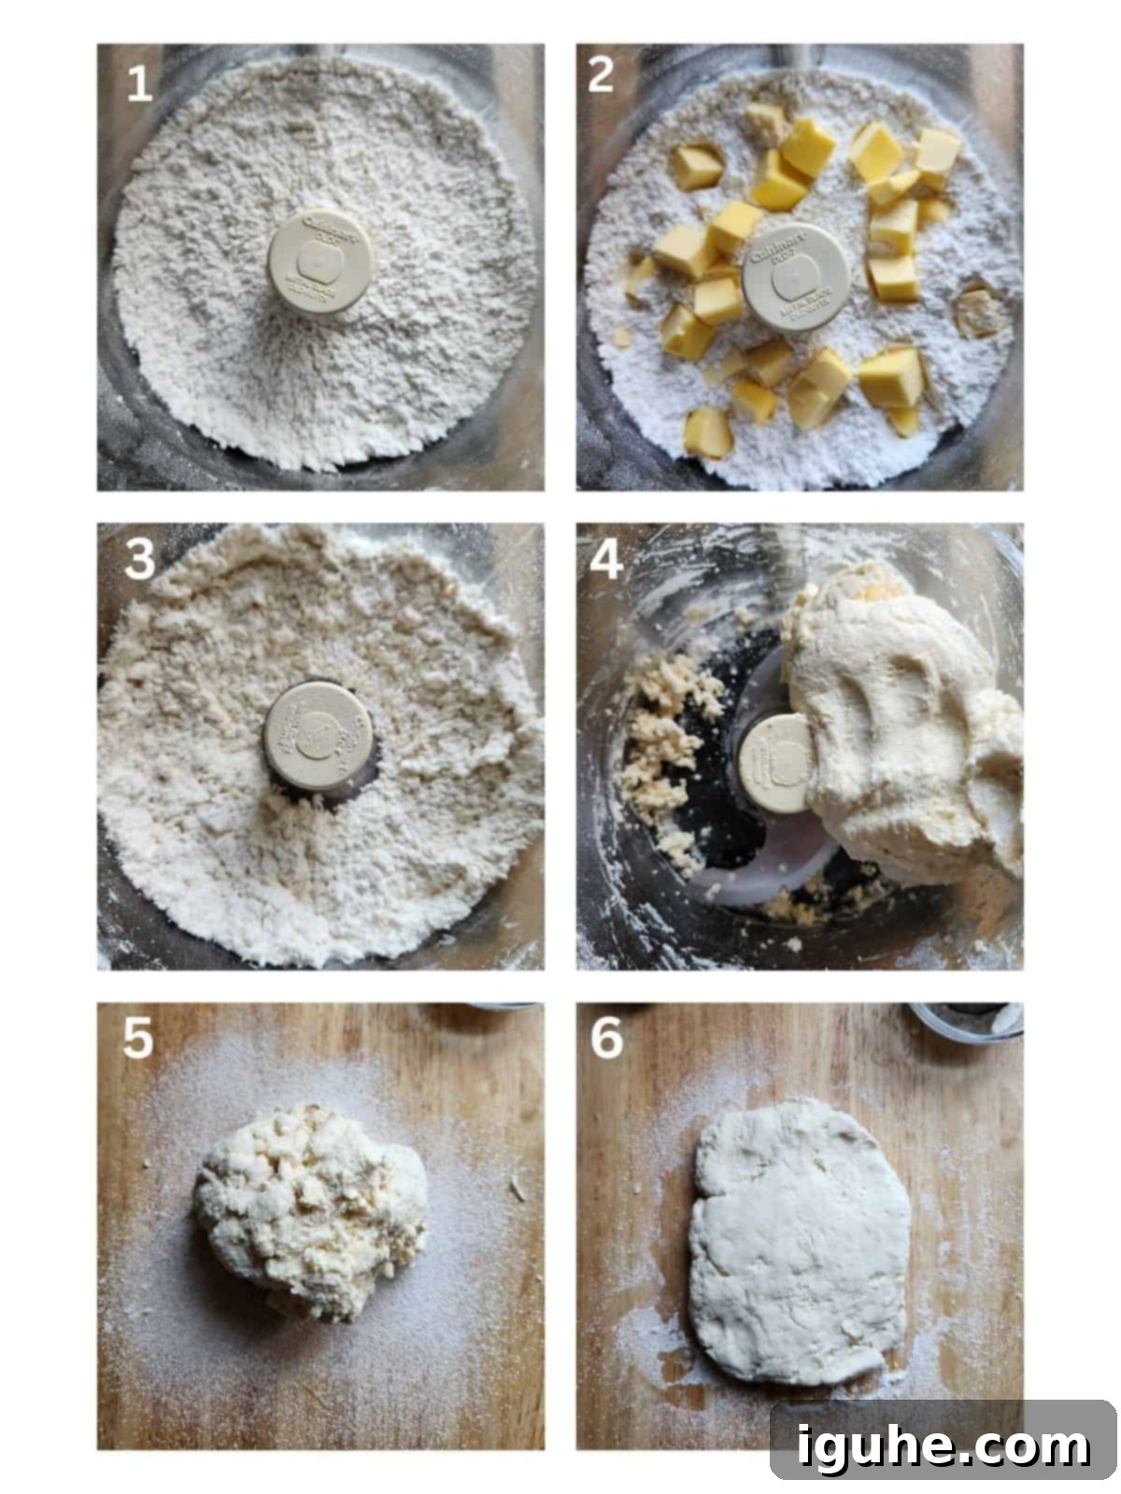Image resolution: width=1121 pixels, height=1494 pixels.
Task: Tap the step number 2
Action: pyautogui.click(x=602, y=75)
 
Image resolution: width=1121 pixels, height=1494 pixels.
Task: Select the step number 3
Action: pyautogui.click(x=140, y=559)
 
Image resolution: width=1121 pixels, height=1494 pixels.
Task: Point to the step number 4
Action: pyautogui.click(x=605, y=560)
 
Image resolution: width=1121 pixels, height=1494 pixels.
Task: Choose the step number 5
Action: pyautogui.click(x=138, y=1038)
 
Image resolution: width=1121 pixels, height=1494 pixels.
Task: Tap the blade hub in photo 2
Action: pyautogui.click(x=795, y=278)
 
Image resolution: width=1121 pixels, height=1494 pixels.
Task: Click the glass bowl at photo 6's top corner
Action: pyautogui.click(x=967, y=1022)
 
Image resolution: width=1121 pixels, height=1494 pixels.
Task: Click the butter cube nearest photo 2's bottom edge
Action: pyautogui.click(x=707, y=432)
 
